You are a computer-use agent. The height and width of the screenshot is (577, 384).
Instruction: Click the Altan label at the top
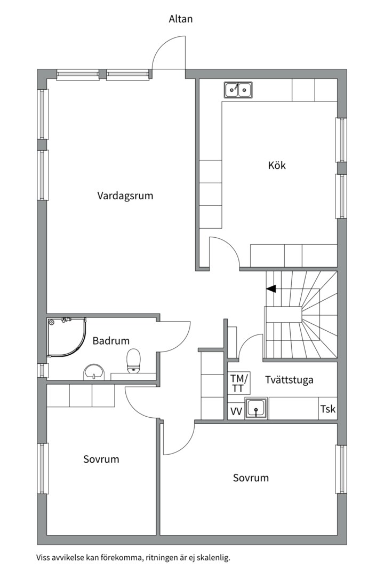(180, 19)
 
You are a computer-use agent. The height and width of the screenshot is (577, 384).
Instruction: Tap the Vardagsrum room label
(125, 196)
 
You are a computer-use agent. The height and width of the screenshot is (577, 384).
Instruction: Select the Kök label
(277, 165)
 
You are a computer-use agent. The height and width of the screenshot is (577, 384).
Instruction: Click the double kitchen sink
(238, 89)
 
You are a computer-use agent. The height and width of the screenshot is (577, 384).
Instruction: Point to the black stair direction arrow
(271, 289)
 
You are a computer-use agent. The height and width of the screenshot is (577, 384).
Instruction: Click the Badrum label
(111, 341)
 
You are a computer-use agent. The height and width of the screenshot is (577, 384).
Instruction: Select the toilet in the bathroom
(133, 361)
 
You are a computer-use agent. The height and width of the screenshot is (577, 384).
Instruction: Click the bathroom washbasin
(94, 372)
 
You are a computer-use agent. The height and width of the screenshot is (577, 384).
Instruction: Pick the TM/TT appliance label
(239, 383)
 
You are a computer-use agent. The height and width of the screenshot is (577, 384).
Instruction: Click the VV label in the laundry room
(236, 411)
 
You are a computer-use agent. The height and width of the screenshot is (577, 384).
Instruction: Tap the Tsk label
(328, 409)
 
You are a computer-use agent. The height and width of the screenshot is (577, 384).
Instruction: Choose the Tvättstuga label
(289, 379)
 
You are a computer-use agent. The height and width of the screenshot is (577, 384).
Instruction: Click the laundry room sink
(256, 408)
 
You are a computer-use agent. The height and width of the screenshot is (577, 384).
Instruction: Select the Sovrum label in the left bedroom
(101, 459)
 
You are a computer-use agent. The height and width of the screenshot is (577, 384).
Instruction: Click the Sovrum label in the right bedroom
(251, 478)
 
